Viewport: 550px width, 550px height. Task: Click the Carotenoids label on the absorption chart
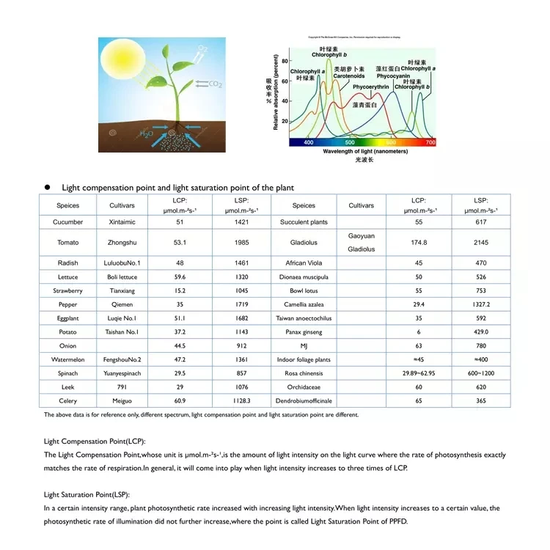pos(349,76)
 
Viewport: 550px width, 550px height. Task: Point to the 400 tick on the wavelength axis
pos(308,142)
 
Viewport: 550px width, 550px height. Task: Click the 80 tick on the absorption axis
pos(285,62)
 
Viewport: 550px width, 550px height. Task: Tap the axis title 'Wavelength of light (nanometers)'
pos(365,151)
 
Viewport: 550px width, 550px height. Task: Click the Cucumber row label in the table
pos(68,221)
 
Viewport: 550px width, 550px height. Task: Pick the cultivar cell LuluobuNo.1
pos(122,263)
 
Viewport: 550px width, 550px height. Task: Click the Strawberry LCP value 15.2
pos(180,290)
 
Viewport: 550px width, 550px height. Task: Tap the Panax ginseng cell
pos(303,331)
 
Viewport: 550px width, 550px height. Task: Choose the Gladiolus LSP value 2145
pos(481,242)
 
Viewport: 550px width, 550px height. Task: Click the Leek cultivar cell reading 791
pos(122,386)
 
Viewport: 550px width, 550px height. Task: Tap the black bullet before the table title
pos(46,188)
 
